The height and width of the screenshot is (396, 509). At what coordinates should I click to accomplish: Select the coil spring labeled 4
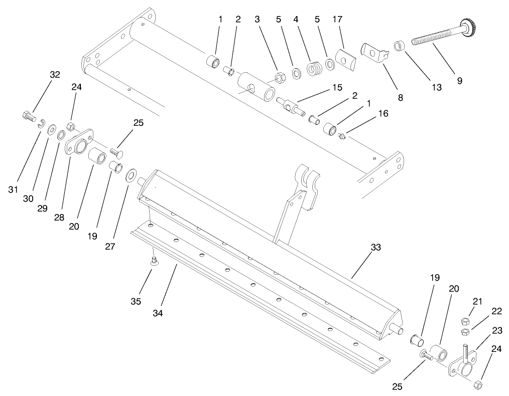313,68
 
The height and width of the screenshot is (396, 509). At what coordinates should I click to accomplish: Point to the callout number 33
376,247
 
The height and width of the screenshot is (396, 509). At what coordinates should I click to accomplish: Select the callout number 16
383,114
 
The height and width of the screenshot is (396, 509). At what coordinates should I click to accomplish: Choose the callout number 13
436,87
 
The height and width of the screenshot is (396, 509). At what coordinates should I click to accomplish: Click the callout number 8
400,98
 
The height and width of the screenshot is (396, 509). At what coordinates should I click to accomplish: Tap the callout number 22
496,311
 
